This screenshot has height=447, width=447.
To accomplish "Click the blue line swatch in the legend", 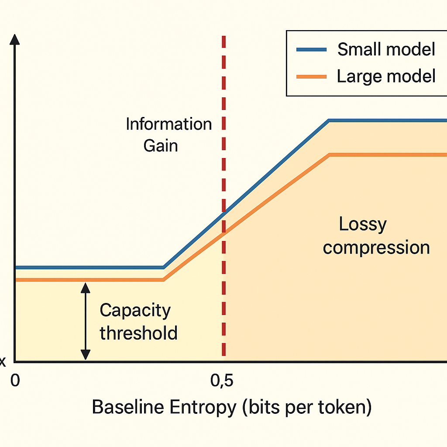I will [311, 50].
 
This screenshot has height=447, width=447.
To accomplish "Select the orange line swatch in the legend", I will [311, 77].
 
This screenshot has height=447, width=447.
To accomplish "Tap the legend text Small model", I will [386, 49].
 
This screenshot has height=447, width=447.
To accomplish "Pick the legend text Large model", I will [386, 76].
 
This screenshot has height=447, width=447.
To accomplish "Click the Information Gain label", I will [168, 134].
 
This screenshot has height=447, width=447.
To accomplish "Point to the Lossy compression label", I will [376, 236].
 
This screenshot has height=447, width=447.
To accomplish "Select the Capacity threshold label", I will [138, 322].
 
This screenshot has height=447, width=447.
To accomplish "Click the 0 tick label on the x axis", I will [15, 381].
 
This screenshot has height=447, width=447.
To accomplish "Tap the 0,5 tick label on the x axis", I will [222, 381].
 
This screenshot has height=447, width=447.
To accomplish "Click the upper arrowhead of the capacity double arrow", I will [86, 287].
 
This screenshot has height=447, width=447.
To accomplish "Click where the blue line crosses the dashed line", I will [224, 213].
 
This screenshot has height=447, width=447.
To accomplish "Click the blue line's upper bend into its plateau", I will [329, 120].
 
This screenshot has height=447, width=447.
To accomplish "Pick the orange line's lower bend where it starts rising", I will [164, 280].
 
